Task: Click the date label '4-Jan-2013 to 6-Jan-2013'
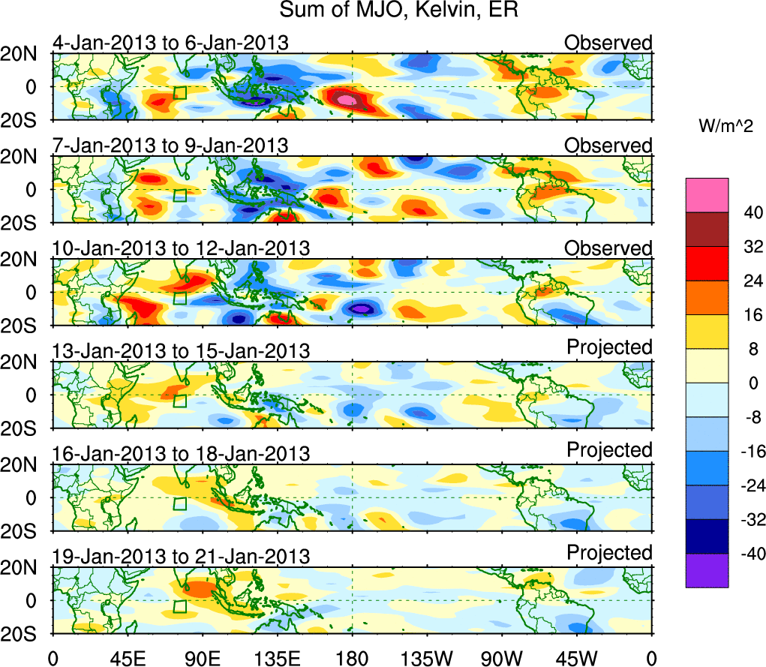[x=170, y=43]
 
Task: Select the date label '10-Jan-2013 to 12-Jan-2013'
[x=181, y=248]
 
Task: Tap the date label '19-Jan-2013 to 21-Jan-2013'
[x=181, y=557]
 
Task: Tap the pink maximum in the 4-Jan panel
[x=345, y=99]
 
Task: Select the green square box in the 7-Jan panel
[x=179, y=195]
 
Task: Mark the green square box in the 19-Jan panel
[x=179, y=606]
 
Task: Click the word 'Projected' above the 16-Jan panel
[x=609, y=450]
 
